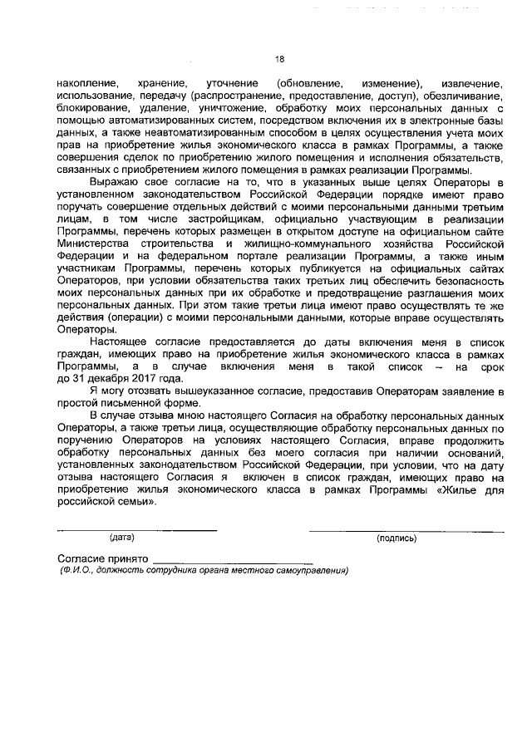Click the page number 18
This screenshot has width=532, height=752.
(279, 59)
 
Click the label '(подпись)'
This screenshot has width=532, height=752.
(397, 538)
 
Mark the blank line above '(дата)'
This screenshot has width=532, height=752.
(137, 529)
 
